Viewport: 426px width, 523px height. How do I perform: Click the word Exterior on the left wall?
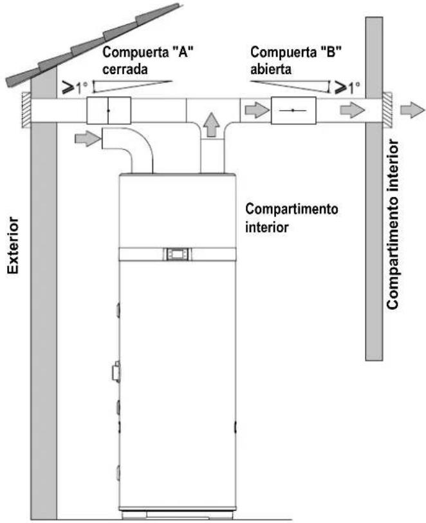click(x=13, y=245)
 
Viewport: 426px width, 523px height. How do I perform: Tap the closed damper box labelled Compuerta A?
click(x=109, y=110)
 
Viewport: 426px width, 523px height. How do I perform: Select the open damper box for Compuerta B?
click(x=293, y=110)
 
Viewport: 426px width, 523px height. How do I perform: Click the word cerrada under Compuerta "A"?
click(x=125, y=69)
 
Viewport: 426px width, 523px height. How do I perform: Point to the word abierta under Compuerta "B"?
click(x=271, y=69)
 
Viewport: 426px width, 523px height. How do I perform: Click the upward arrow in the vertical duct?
click(x=212, y=125)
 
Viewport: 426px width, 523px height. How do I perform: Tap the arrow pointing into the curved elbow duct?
click(x=88, y=138)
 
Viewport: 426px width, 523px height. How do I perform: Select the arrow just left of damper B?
click(x=257, y=109)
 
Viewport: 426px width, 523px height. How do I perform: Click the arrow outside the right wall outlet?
click(x=412, y=109)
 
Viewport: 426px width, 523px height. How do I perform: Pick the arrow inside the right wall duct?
click(x=352, y=109)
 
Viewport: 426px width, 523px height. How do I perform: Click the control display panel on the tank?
click(x=178, y=254)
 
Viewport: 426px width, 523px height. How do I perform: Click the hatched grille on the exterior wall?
click(x=26, y=109)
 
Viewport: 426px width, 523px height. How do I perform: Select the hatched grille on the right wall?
click(x=387, y=109)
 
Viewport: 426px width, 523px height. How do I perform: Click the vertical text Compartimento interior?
click(x=393, y=225)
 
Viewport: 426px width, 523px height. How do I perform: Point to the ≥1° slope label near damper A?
click(x=75, y=88)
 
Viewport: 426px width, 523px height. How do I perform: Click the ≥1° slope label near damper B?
click(x=347, y=88)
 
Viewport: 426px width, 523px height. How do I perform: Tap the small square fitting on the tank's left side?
click(x=116, y=371)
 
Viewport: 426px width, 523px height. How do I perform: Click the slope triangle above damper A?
click(x=133, y=86)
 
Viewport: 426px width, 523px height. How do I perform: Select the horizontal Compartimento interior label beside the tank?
click(x=292, y=218)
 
